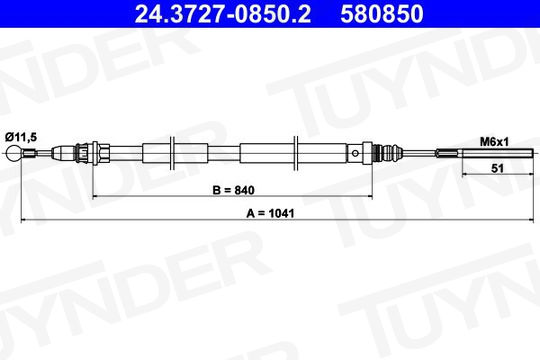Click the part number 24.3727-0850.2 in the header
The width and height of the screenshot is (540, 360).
coord(222,14)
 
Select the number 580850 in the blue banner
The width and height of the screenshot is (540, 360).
coord(382,14)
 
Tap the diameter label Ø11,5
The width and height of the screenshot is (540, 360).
coord(21,137)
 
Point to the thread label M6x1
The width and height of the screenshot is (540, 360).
coord(494,142)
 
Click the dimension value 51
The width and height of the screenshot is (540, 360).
coord(497,168)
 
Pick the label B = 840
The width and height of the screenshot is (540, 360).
coord(233,190)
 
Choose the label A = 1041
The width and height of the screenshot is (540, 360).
coord(270,214)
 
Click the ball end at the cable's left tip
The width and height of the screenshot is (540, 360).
coord(14,153)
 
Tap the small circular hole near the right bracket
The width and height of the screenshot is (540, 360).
coord(355,153)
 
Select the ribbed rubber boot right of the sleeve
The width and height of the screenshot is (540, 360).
coord(388,153)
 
